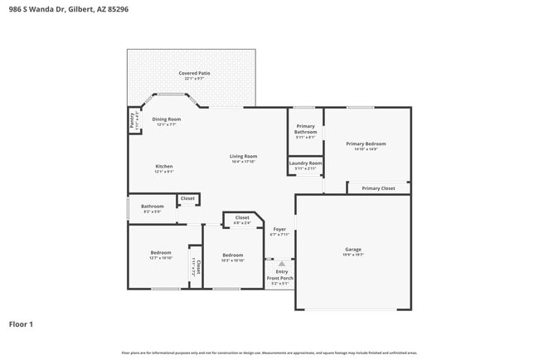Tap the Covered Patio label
click(x=194, y=74)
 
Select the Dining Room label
click(x=166, y=119)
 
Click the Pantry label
click(x=132, y=121)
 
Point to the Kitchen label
click(x=164, y=167)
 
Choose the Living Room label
click(x=243, y=157)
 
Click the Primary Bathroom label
click(x=306, y=129)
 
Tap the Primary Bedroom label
click(x=366, y=144)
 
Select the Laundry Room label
click(x=305, y=163)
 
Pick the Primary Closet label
click(x=378, y=188)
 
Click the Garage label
click(x=353, y=249)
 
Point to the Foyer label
click(x=280, y=230)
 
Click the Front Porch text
click(x=281, y=278)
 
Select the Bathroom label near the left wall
click(x=152, y=207)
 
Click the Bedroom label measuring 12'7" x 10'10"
click(x=161, y=252)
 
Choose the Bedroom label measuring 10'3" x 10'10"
click(x=233, y=255)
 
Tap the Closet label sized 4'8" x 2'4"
click(x=242, y=217)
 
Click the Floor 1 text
click(x=22, y=324)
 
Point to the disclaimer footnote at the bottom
click(x=269, y=353)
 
